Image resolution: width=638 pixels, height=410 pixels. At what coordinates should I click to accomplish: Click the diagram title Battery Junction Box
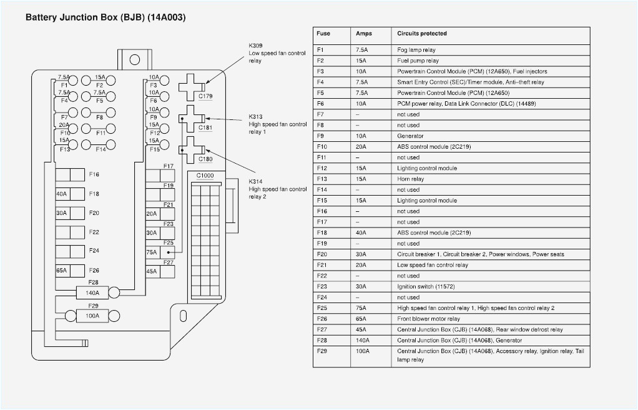105,17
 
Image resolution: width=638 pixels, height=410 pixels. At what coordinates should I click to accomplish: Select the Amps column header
363,34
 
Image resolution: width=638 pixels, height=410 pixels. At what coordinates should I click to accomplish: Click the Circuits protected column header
422,34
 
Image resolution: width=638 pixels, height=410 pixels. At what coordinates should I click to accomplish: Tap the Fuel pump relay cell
418,61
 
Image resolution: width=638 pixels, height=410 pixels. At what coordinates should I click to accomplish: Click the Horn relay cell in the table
410,179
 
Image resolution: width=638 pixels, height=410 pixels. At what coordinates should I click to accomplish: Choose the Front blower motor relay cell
428,319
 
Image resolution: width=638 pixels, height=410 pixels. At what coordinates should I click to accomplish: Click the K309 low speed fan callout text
277,54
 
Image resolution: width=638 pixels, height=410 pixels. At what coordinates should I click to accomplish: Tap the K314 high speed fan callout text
277,189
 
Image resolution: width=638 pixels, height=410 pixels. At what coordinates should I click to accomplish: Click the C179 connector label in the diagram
205,96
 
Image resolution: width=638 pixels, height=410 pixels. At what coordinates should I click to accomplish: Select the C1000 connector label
205,176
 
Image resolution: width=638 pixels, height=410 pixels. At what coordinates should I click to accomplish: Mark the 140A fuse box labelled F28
92,292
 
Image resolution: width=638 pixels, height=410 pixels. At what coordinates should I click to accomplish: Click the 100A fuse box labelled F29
92,316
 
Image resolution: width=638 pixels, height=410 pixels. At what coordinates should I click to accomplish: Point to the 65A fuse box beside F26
62,271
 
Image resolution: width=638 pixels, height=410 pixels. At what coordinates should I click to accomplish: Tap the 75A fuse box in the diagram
152,252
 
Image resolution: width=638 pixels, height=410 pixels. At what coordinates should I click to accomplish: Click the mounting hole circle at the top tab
134,60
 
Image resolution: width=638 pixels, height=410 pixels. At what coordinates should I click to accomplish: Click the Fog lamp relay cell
416,50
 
